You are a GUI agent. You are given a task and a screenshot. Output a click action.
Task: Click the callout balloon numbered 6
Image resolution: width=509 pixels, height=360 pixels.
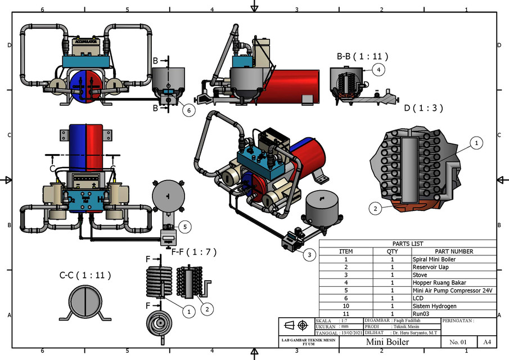coord(190,111)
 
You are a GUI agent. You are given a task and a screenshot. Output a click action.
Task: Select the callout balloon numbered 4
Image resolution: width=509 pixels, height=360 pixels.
coord(380,70)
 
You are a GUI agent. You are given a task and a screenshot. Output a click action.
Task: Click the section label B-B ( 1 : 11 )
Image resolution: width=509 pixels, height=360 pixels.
coord(362,57)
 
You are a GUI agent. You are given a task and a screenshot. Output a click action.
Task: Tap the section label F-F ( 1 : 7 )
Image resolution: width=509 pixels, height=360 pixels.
coord(193,251)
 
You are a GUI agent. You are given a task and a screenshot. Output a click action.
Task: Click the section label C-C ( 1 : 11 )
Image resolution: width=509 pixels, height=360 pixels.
coord(85,276)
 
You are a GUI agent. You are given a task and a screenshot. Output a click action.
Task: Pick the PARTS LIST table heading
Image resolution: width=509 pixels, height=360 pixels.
coord(408,244)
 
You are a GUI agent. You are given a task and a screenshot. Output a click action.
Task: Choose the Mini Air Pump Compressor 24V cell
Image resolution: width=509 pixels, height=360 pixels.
coord(452,290)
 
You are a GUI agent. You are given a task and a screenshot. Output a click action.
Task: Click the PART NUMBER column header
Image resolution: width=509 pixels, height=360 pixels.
coord(454,251)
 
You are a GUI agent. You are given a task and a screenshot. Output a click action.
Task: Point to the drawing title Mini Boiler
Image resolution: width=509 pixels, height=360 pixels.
coord(387,341)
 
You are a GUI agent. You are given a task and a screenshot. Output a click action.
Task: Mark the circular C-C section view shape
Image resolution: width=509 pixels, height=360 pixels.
coord(85,300)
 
